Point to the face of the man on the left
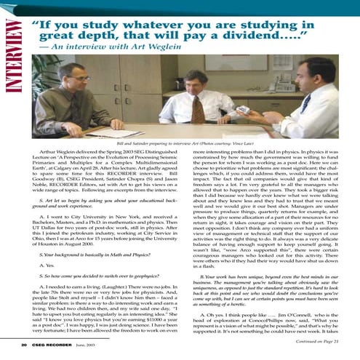[x=84, y=78]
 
